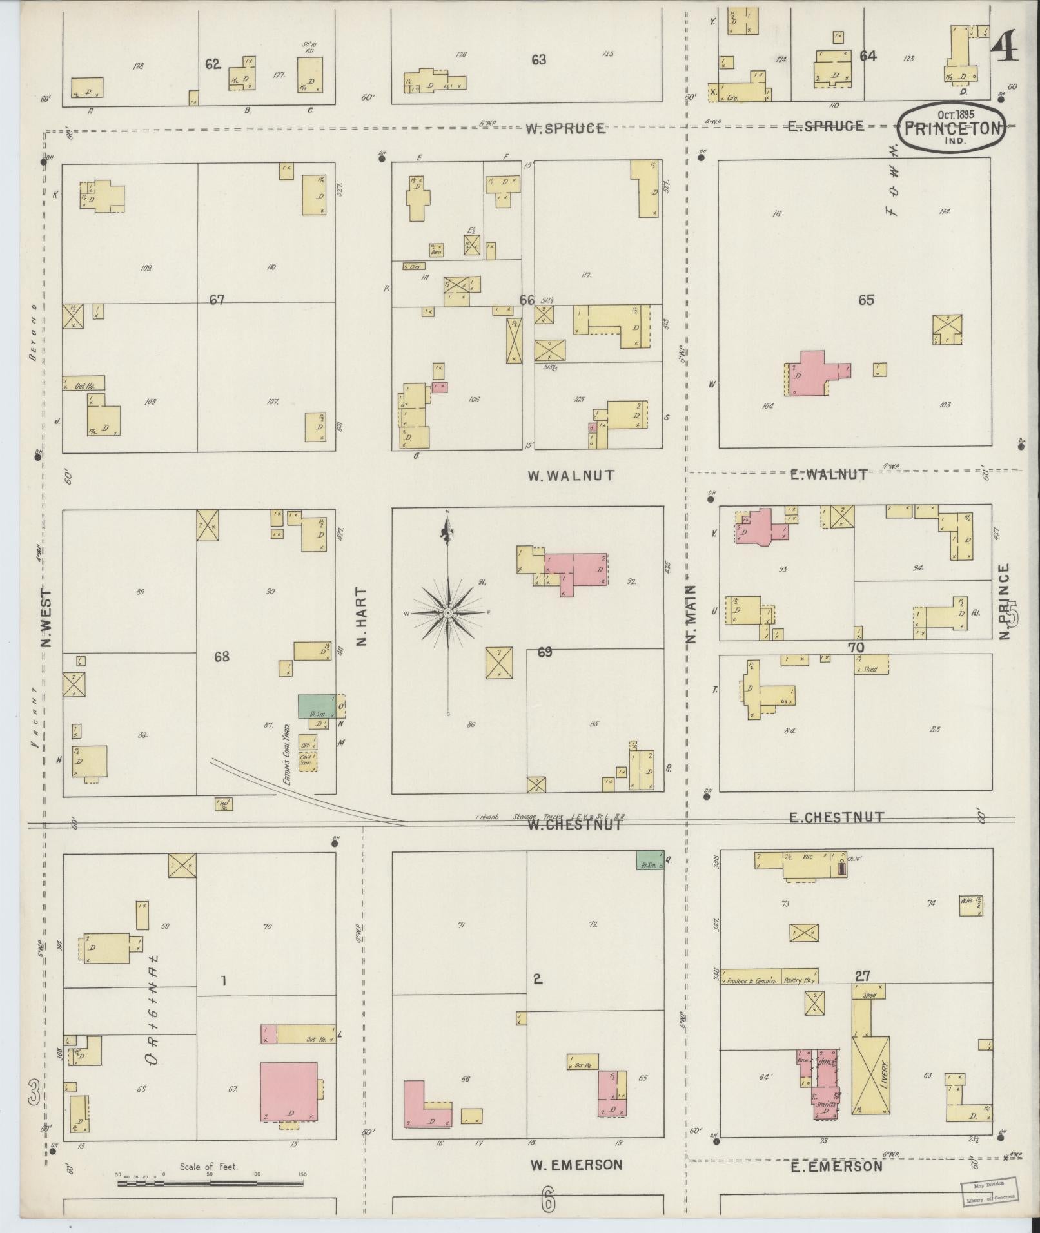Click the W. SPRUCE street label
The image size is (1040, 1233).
click(x=565, y=128)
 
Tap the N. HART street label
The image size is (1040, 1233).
click(x=360, y=616)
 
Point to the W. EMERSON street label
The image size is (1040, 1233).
click(x=576, y=1165)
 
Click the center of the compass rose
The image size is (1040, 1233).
click(x=447, y=613)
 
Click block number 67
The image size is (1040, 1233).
click(x=217, y=300)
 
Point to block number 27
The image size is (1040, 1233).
click(x=863, y=995)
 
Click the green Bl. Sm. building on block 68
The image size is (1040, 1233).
click(x=316, y=706)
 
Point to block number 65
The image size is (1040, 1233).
click(x=865, y=300)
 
